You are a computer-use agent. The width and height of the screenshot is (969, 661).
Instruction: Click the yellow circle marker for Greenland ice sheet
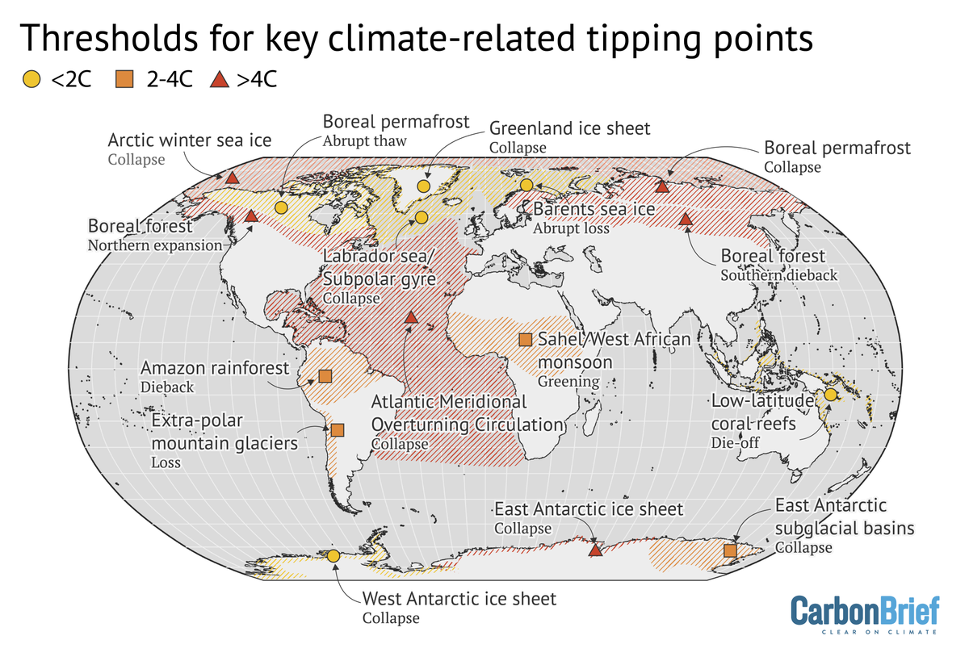pyautogui.click(x=423, y=186)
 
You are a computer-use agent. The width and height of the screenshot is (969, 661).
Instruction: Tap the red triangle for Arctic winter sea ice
pyautogui.click(x=232, y=177)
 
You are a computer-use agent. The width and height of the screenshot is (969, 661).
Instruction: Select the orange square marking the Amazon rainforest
pyautogui.click(x=325, y=376)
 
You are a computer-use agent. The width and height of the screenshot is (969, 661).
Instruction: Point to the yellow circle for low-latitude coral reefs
pyautogui.click(x=830, y=395)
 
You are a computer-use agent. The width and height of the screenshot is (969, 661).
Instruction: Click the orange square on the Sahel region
pyautogui.click(x=525, y=340)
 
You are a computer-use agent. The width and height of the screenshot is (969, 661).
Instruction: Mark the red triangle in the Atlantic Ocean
pyautogui.click(x=410, y=317)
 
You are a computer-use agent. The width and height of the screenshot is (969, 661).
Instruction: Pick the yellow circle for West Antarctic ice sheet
pyautogui.click(x=333, y=555)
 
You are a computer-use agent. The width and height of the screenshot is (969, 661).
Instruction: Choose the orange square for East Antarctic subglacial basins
pyautogui.click(x=730, y=550)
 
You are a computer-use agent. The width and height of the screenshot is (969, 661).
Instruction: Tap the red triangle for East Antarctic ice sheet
pyautogui.click(x=595, y=550)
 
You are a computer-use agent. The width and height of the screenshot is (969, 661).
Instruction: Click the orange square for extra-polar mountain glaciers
pyautogui.click(x=337, y=431)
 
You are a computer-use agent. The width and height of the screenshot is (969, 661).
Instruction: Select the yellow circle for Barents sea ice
pyautogui.click(x=526, y=185)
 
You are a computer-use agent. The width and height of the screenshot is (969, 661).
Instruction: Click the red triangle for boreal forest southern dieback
pyautogui.click(x=686, y=219)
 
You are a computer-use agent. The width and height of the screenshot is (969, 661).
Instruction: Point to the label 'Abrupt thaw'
pyautogui.click(x=365, y=140)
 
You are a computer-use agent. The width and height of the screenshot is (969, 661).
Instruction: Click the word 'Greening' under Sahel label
pyautogui.click(x=568, y=381)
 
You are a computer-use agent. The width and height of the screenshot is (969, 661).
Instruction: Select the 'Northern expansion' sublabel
pyautogui.click(x=153, y=245)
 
